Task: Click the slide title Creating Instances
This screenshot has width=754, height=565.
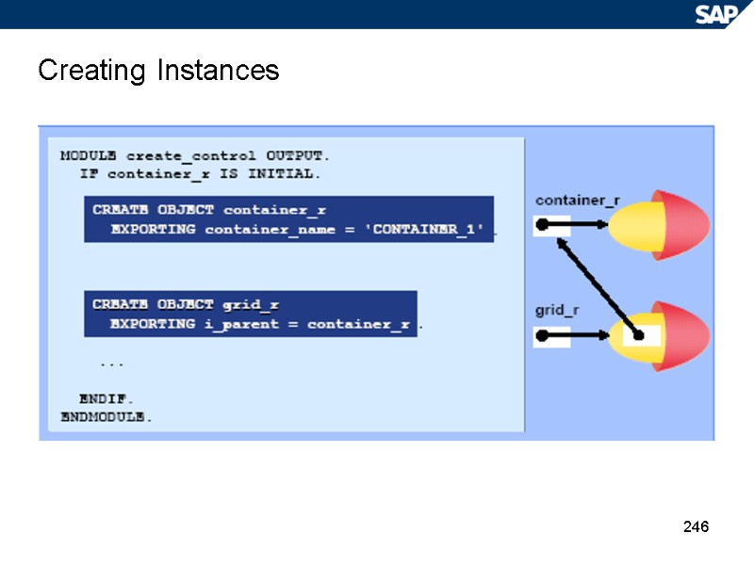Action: (158, 71)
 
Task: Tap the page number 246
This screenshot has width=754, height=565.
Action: (696, 526)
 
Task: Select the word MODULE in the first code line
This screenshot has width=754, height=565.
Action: (89, 155)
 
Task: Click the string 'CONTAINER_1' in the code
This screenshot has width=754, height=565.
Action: (430, 229)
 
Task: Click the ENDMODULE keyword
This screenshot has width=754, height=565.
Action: (107, 416)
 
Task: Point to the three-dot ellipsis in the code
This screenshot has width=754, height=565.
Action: (111, 363)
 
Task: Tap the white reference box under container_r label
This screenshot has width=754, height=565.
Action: (551, 225)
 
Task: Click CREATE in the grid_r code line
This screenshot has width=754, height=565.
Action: (121, 304)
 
